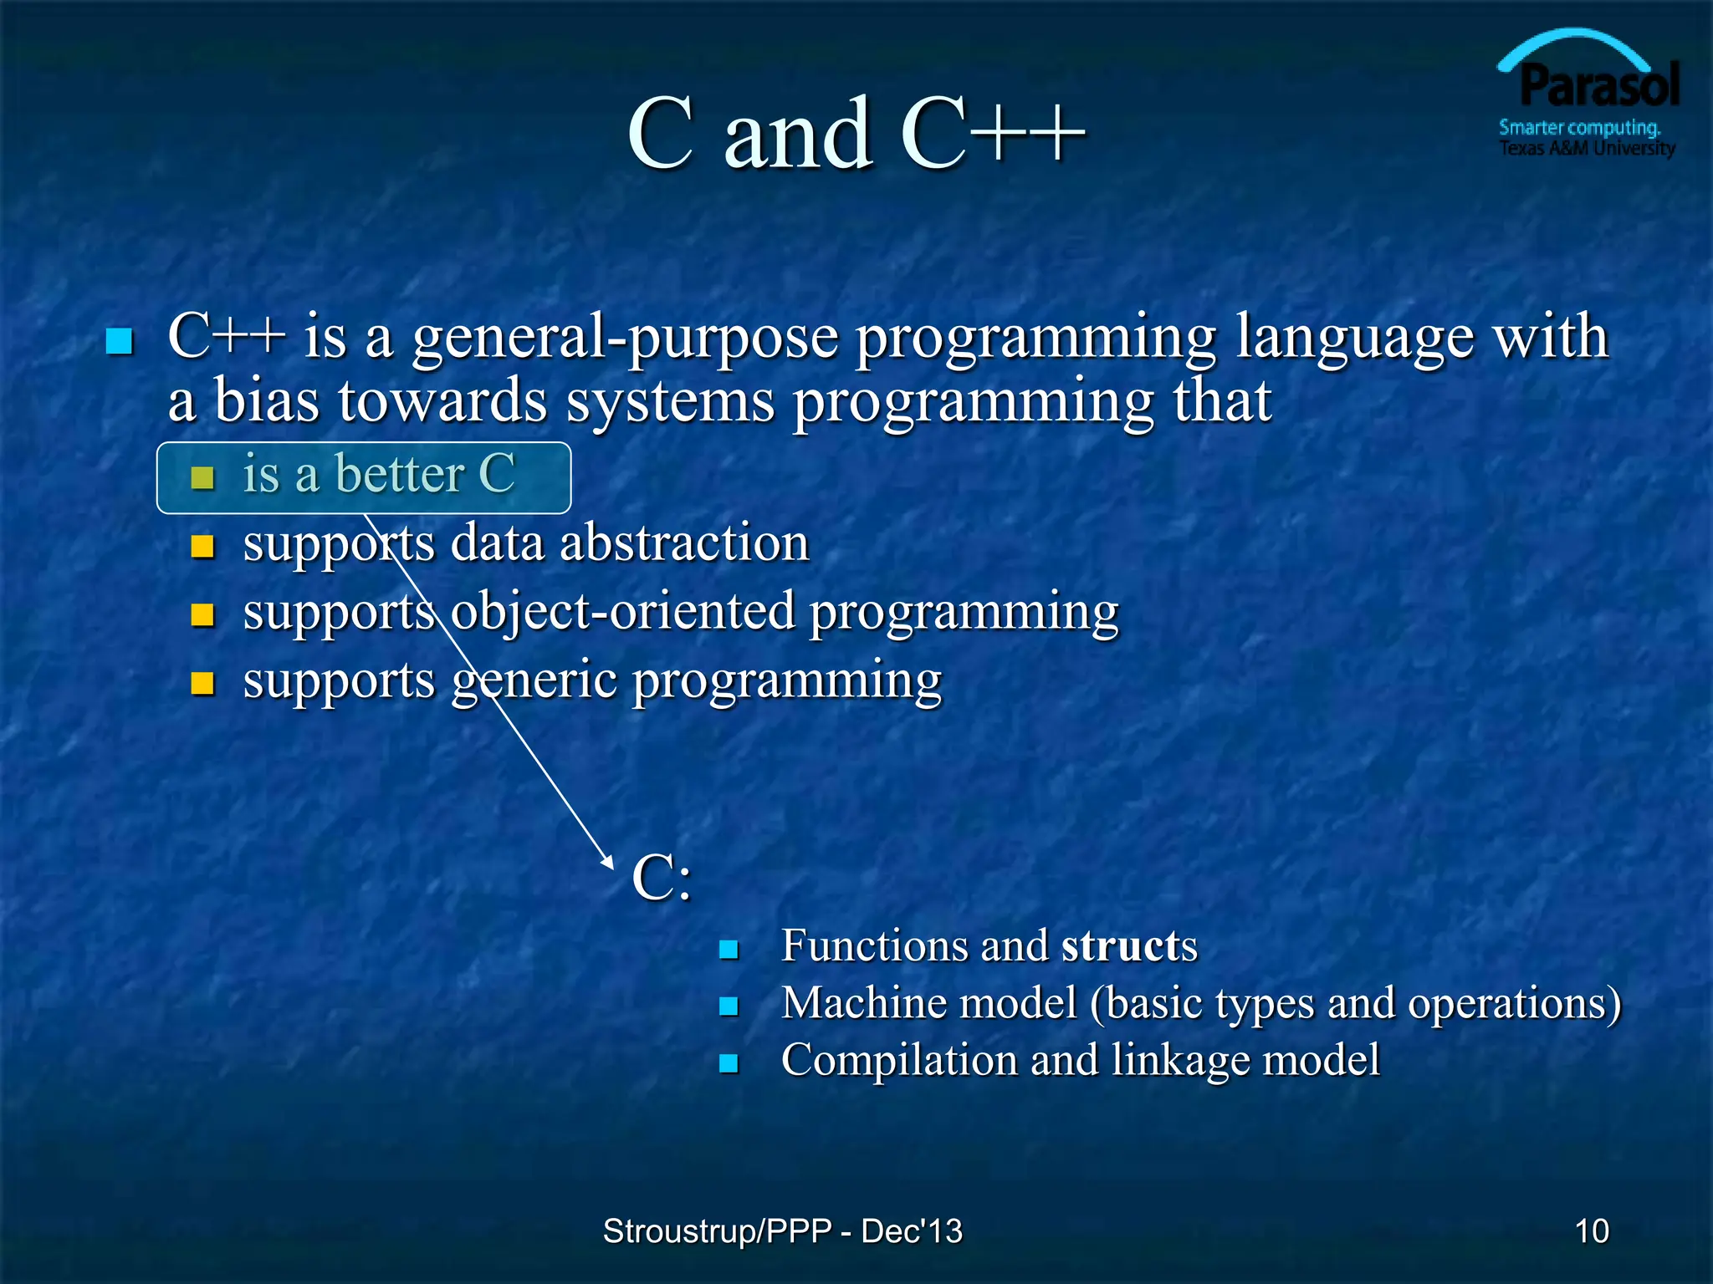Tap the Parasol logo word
pyautogui.click(x=1598, y=87)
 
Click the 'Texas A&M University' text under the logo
pyautogui.click(x=1586, y=149)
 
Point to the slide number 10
pyautogui.click(x=1591, y=1231)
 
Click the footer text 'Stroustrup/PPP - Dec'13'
pyautogui.click(x=782, y=1231)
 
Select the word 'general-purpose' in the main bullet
pyautogui.click(x=625, y=337)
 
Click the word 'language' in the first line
pyautogui.click(x=1355, y=337)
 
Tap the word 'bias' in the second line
pyautogui.click(x=266, y=401)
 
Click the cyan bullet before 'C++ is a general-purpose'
pyautogui.click(x=120, y=341)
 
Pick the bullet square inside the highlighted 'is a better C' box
pyautogui.click(x=202, y=477)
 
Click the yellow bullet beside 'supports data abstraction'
pyautogui.click(x=202, y=547)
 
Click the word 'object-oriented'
pyautogui.click(x=623, y=611)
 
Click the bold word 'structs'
pyautogui.click(x=1129, y=946)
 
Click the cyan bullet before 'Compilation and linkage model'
pyautogui.click(x=729, y=1063)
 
